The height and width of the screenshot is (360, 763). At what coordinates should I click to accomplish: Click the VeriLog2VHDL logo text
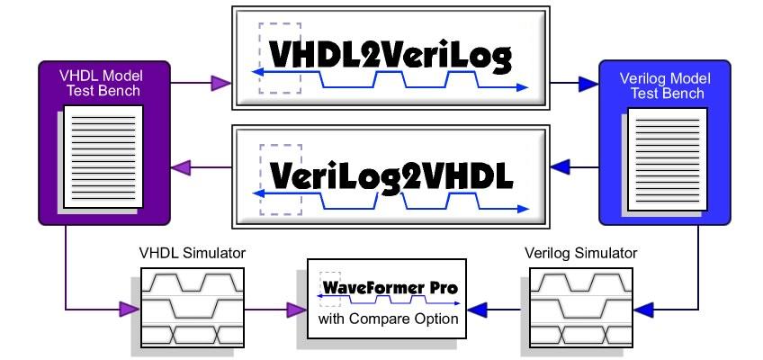(391, 177)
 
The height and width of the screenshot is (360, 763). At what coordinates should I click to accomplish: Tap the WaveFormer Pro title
(390, 287)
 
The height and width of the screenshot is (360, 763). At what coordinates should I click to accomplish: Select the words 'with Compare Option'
(389, 319)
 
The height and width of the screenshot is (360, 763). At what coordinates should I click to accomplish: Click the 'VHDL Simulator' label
(193, 254)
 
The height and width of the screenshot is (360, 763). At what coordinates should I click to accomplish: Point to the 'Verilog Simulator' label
(581, 254)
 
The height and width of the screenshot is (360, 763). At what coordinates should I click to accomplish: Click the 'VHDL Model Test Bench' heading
(102, 83)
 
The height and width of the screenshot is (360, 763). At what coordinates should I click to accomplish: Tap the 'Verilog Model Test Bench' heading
(665, 85)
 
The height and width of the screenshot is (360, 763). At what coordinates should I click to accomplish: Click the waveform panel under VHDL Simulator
(192, 307)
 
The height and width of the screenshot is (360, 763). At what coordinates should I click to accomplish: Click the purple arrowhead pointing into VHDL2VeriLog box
(220, 83)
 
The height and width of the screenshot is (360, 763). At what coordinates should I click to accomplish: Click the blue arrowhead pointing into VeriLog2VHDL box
(560, 167)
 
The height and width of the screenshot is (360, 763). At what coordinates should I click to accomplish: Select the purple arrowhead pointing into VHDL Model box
(181, 167)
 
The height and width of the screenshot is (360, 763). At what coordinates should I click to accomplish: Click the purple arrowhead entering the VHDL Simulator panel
(130, 310)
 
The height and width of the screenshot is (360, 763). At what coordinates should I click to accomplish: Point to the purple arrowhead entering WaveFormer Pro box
(296, 310)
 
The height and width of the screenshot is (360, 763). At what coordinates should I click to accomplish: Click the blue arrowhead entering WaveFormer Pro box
(477, 310)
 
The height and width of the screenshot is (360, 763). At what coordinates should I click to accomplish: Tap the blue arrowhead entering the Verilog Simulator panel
(644, 310)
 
